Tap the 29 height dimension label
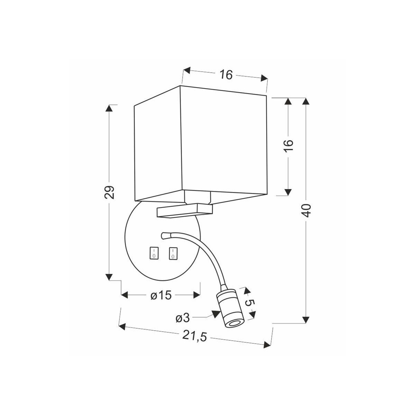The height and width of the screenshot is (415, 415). (109, 192)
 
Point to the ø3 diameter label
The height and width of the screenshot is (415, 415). (182, 317)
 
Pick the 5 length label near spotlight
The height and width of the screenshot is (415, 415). (250, 303)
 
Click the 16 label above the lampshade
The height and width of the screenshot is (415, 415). (226, 75)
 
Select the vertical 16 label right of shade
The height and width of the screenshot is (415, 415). (289, 145)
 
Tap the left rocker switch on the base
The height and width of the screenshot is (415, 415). (153, 253)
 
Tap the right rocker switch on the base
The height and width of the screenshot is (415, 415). (172, 253)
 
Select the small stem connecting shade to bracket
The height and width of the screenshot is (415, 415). (197, 197)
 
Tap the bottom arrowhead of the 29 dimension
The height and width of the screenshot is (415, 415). (109, 277)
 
